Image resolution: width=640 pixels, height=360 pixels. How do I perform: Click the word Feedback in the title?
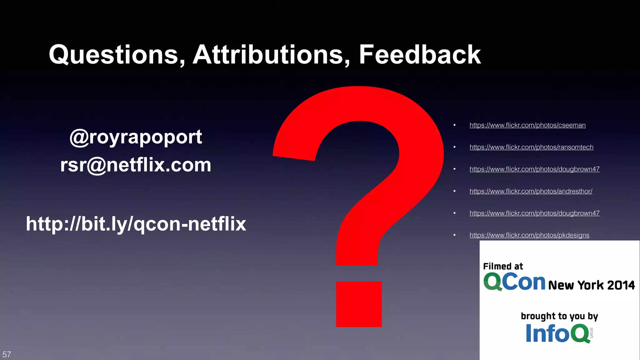420,55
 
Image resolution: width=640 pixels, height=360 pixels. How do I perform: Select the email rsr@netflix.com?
136,165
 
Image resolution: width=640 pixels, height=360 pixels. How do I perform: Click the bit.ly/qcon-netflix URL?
136,224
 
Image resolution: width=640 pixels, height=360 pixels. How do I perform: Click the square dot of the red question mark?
359,304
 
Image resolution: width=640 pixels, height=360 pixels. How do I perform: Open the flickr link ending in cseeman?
527,125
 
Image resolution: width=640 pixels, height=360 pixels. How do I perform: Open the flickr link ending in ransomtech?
531,147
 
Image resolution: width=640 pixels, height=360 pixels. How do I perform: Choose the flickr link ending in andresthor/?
531,191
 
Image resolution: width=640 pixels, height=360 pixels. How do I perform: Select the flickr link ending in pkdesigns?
529,235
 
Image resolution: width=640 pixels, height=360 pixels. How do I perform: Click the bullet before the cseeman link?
455,125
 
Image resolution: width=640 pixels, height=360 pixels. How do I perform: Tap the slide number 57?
7,354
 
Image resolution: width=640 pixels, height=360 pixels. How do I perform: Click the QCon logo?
514,282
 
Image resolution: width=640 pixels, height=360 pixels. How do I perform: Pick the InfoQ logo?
557,333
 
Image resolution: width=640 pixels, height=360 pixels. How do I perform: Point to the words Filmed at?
503,266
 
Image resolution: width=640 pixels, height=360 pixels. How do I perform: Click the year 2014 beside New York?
621,285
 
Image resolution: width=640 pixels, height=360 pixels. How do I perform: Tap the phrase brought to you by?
559,316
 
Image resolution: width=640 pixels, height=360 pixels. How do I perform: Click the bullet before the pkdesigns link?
455,235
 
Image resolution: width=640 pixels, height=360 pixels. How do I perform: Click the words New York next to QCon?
576,285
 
